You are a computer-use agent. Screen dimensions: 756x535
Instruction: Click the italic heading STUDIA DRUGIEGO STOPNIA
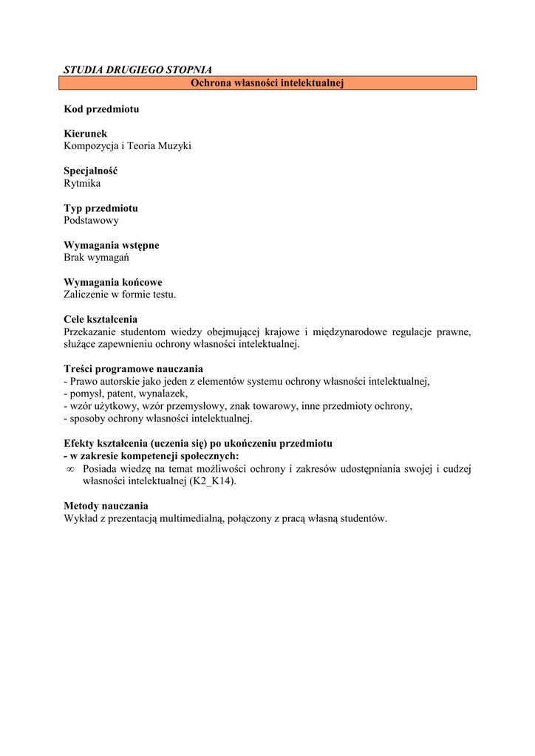click(137, 70)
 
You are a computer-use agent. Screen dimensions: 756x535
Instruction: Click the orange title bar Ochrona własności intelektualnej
click(267, 83)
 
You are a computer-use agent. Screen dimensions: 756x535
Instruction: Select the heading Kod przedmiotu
click(101, 109)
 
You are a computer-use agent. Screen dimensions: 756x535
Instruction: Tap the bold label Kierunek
click(86, 134)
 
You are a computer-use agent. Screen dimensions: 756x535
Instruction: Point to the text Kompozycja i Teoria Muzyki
click(127, 146)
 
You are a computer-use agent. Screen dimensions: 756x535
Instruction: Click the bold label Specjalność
click(91, 171)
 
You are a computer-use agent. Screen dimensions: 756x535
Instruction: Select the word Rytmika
click(82, 183)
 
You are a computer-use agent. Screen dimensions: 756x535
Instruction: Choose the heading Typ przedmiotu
click(100, 208)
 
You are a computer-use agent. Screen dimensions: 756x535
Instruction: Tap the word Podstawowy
click(91, 220)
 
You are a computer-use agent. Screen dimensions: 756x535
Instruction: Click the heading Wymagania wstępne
click(112, 245)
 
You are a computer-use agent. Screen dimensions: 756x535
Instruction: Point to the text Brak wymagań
click(97, 258)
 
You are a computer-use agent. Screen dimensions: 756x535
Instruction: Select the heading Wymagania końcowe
click(113, 282)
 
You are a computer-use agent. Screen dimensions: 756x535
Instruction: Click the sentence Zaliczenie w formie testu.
click(120, 295)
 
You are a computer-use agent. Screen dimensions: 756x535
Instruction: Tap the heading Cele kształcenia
click(100, 320)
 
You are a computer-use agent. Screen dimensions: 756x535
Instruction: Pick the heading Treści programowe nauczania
click(133, 369)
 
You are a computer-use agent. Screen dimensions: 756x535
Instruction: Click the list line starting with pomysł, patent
click(126, 394)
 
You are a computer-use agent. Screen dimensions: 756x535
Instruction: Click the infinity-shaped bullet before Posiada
click(70, 469)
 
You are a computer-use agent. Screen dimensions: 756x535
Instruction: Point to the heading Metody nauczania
click(106, 506)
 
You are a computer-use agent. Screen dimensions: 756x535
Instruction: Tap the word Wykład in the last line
click(81, 518)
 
